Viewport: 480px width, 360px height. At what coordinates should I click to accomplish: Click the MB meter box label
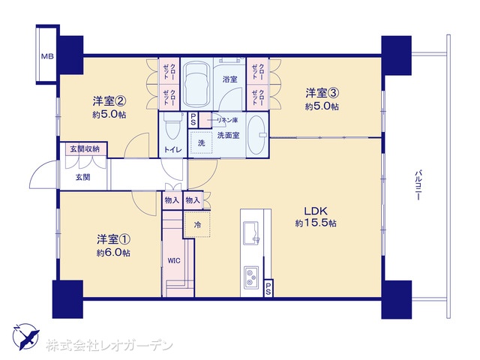coord(47,56)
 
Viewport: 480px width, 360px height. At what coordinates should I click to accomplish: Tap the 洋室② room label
coord(109,100)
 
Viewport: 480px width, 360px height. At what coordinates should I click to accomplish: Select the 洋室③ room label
coord(322,93)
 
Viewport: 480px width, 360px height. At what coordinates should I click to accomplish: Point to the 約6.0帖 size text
coord(113,253)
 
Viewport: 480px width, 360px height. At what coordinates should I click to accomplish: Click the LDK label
coord(316,211)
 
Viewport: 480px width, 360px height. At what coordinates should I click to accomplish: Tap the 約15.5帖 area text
coord(316,223)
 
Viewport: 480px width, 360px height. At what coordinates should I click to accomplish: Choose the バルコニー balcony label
coord(418,185)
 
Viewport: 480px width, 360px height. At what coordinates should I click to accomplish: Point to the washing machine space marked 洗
coord(201,142)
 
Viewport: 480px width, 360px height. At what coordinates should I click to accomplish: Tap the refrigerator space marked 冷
coord(198,225)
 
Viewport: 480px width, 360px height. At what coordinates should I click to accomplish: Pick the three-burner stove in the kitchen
coord(251,277)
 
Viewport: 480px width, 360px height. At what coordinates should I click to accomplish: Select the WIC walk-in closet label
coord(173,261)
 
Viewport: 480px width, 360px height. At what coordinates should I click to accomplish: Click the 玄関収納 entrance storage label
coord(85,149)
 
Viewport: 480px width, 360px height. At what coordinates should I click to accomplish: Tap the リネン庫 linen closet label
coord(227,120)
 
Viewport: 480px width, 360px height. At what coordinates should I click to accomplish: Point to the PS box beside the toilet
coord(193,119)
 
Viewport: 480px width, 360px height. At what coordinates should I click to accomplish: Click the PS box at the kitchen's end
coord(268,288)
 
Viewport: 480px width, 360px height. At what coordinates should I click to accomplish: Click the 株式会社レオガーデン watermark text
coord(109,346)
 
